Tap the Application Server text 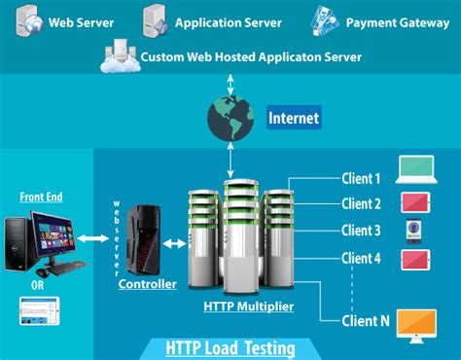(230, 19)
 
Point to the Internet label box (293, 119)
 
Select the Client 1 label (361, 179)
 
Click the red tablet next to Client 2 (416, 202)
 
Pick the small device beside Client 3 (412, 231)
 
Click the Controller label (147, 284)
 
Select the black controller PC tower (145, 239)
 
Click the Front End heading (41, 197)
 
